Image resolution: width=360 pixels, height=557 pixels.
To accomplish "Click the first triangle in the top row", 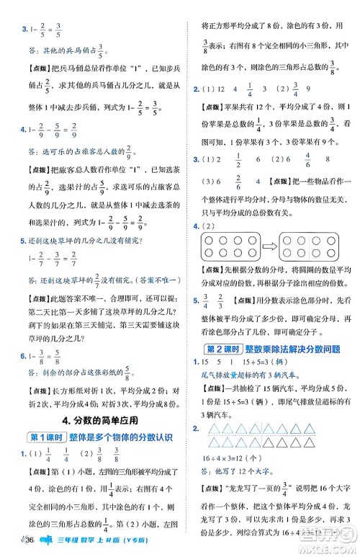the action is tap(214, 429).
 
